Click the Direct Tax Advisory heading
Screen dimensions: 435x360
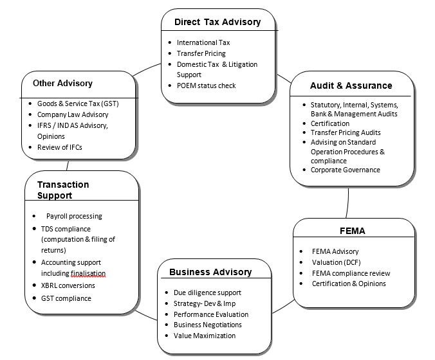(217, 22)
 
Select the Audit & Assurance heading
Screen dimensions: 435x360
(351, 85)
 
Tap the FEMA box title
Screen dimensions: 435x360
(353, 231)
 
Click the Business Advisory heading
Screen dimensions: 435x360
(210, 272)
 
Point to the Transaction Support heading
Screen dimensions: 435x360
(63, 190)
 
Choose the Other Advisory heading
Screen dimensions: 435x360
(62, 83)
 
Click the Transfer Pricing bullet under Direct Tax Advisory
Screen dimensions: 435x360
(201, 53)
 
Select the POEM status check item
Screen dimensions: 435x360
(206, 85)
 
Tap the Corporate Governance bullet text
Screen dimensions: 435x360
(345, 170)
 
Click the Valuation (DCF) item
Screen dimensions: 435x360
(336, 262)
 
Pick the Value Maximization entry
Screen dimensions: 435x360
(205, 336)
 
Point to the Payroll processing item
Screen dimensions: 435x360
(74, 216)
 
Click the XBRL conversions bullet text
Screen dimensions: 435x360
(68, 285)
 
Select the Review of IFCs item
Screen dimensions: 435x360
(60, 147)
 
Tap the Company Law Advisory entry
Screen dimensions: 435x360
(73, 114)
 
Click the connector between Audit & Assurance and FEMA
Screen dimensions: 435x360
(347, 203)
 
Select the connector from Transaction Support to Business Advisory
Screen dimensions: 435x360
(146, 316)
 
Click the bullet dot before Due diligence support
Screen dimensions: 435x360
(167, 292)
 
